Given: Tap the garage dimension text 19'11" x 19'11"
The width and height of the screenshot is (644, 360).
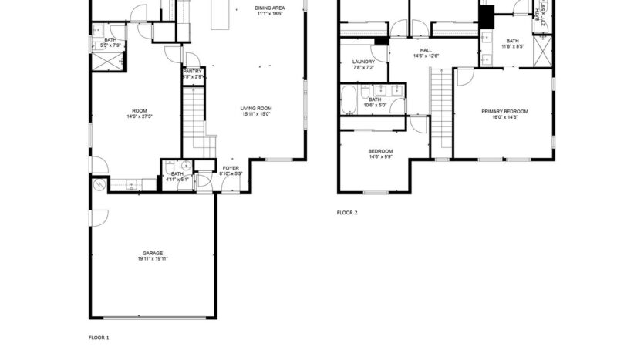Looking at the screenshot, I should [152, 259].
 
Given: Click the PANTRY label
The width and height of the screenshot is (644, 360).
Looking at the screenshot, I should [192, 71].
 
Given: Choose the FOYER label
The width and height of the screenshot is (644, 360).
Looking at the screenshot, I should [231, 167].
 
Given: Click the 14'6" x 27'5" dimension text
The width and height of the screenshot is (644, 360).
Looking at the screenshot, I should [140, 117].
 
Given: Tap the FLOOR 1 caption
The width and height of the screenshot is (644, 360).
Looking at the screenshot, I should [99, 338].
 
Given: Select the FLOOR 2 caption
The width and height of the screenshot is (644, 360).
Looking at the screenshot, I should [347, 212].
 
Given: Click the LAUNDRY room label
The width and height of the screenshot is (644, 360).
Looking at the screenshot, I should [363, 62].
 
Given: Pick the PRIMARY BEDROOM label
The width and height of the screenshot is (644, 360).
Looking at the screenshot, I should [504, 111].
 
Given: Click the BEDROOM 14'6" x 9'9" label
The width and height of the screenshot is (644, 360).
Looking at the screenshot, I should [380, 151].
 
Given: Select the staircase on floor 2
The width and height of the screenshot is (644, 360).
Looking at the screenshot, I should [440, 113].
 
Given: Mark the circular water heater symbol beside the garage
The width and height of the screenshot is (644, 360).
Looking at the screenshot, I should [99, 185].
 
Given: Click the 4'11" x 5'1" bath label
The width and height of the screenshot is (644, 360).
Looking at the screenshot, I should [177, 174].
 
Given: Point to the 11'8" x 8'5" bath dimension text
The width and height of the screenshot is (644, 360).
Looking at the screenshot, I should [513, 46].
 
